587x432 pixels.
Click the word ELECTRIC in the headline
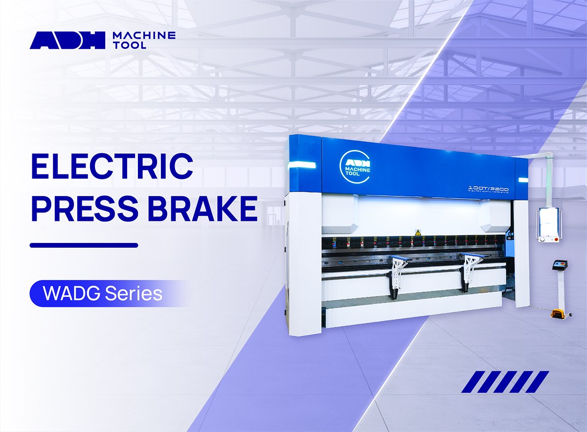[112, 167]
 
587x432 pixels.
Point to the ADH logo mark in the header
[68, 41]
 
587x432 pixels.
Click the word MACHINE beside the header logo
[144, 36]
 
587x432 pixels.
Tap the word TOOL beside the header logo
[129, 45]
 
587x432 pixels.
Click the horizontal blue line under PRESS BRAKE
[84, 245]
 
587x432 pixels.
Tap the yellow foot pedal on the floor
[557, 313]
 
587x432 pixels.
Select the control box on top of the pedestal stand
[560, 265]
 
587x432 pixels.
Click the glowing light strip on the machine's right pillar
[522, 180]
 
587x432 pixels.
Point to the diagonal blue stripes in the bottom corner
[505, 382]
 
